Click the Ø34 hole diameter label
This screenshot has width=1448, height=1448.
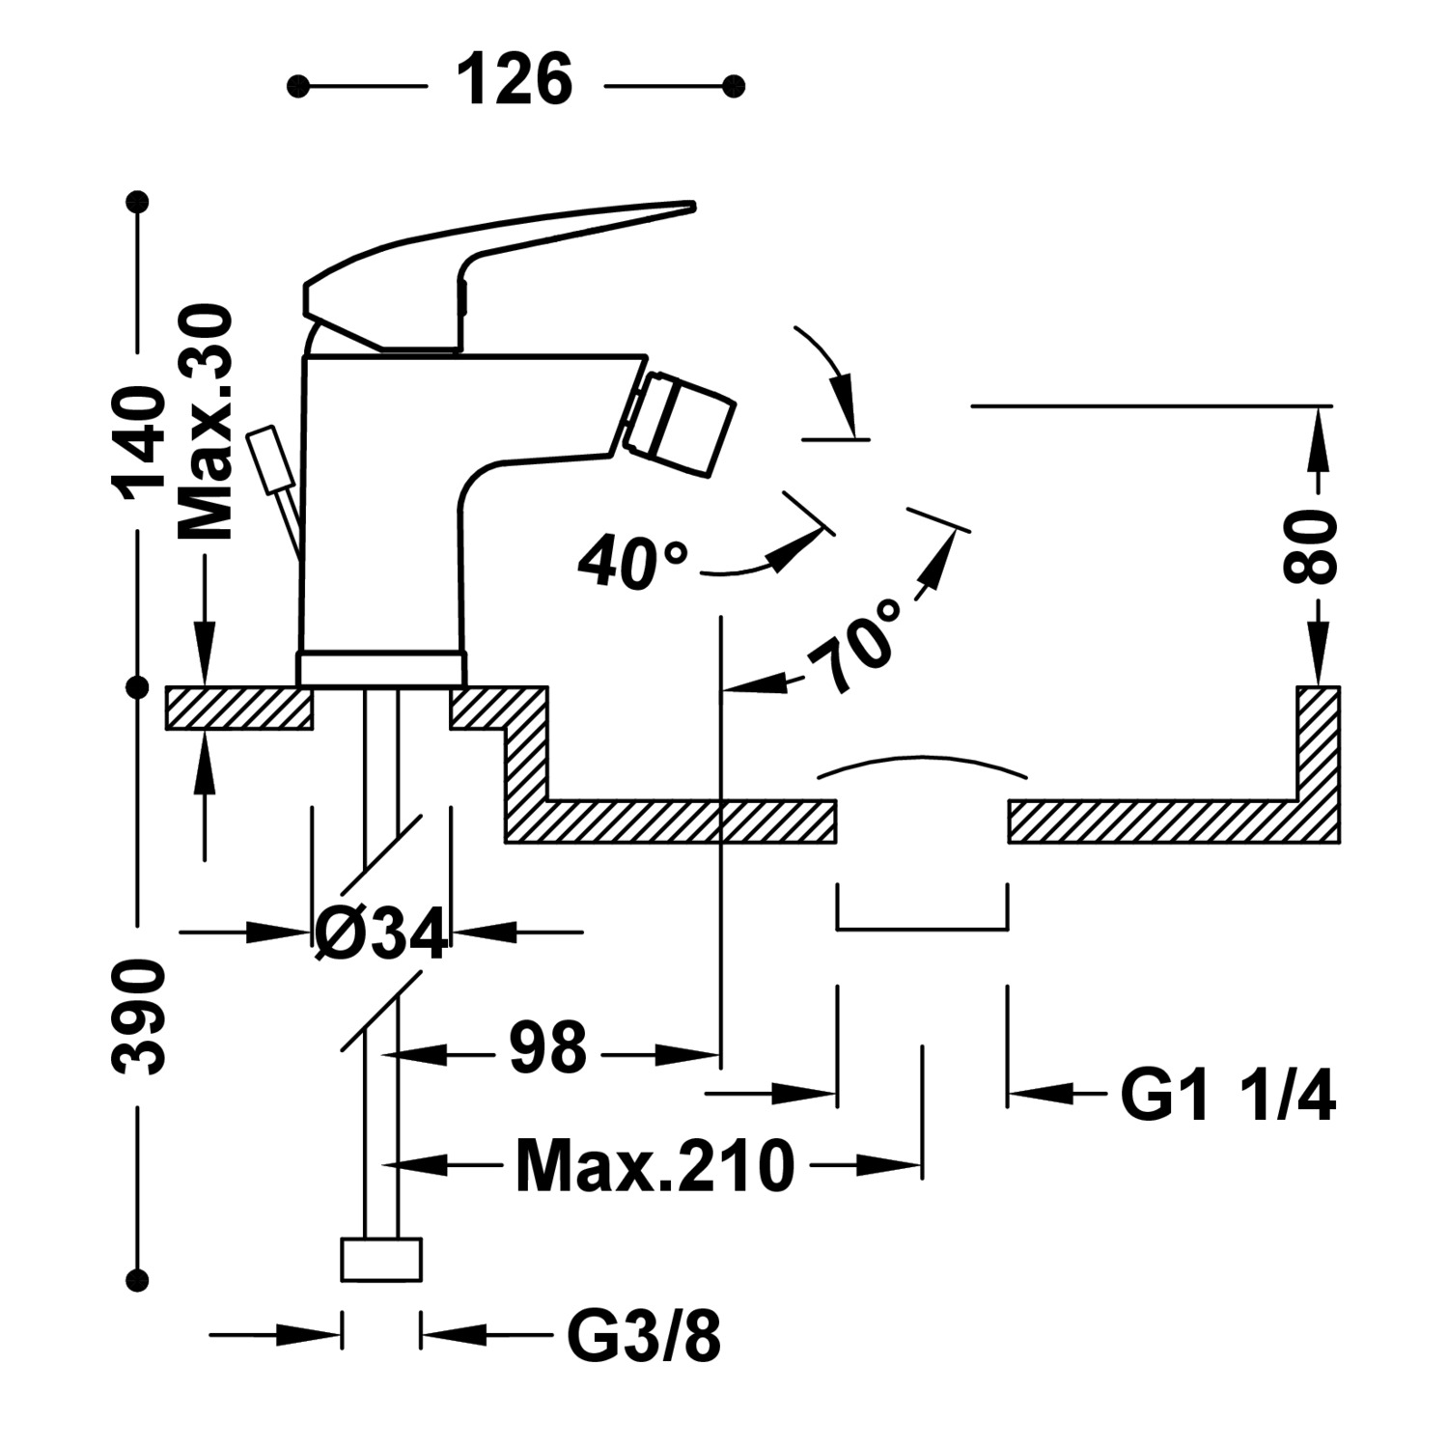tap(382, 933)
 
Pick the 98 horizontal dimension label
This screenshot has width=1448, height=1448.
tap(547, 1049)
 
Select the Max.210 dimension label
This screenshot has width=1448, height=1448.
tap(654, 1166)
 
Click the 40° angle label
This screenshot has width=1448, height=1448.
tap(632, 562)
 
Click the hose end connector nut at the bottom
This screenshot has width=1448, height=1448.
tap(382, 1259)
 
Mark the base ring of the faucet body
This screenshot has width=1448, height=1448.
tap(381, 668)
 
